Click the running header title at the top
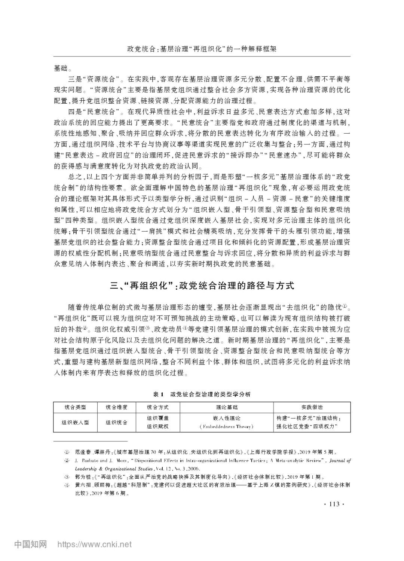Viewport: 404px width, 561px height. [x=202, y=49]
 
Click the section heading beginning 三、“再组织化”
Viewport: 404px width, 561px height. [x=202, y=286]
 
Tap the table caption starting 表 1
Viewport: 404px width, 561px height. [x=202, y=394]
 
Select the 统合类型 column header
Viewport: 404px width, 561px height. [x=75, y=408]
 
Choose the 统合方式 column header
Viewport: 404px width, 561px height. [x=157, y=408]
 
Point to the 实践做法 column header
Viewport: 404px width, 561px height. [x=312, y=408]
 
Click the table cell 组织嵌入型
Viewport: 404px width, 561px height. [x=75, y=423]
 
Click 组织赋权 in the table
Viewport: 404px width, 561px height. [x=157, y=427]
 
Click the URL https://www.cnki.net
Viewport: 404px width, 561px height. [x=94, y=544]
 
